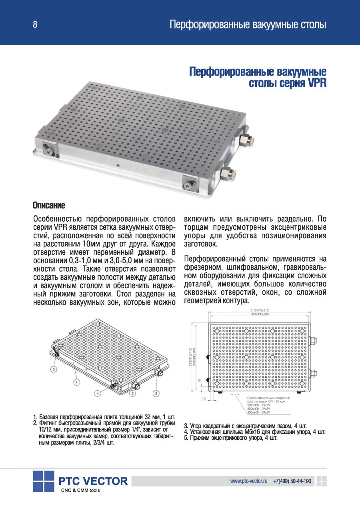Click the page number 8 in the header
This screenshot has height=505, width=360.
(35, 25)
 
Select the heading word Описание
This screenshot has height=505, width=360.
(48, 206)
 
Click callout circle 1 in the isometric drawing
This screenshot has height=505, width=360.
(76, 383)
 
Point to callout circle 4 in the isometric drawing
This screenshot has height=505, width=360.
(98, 393)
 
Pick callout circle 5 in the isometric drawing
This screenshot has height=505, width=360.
(133, 394)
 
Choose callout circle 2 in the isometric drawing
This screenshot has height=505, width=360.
(156, 393)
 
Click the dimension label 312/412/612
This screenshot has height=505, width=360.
(259, 311)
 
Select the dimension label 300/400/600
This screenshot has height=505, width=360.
(259, 315)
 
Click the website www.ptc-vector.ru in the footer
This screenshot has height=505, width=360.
(248, 481)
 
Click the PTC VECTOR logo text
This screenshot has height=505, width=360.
(93, 481)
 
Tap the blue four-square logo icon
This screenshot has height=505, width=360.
(44, 481)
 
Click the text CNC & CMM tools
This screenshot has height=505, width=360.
(80, 491)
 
